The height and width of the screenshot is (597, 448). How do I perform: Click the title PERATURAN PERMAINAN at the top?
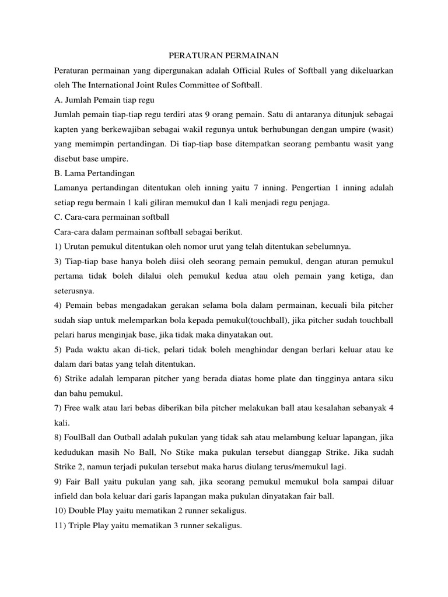tap(224, 56)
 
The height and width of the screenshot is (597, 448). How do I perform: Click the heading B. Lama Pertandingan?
tap(94, 173)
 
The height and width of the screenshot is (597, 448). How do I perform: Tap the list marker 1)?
tap(58, 246)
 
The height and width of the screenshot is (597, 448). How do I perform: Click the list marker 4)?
tap(58, 305)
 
